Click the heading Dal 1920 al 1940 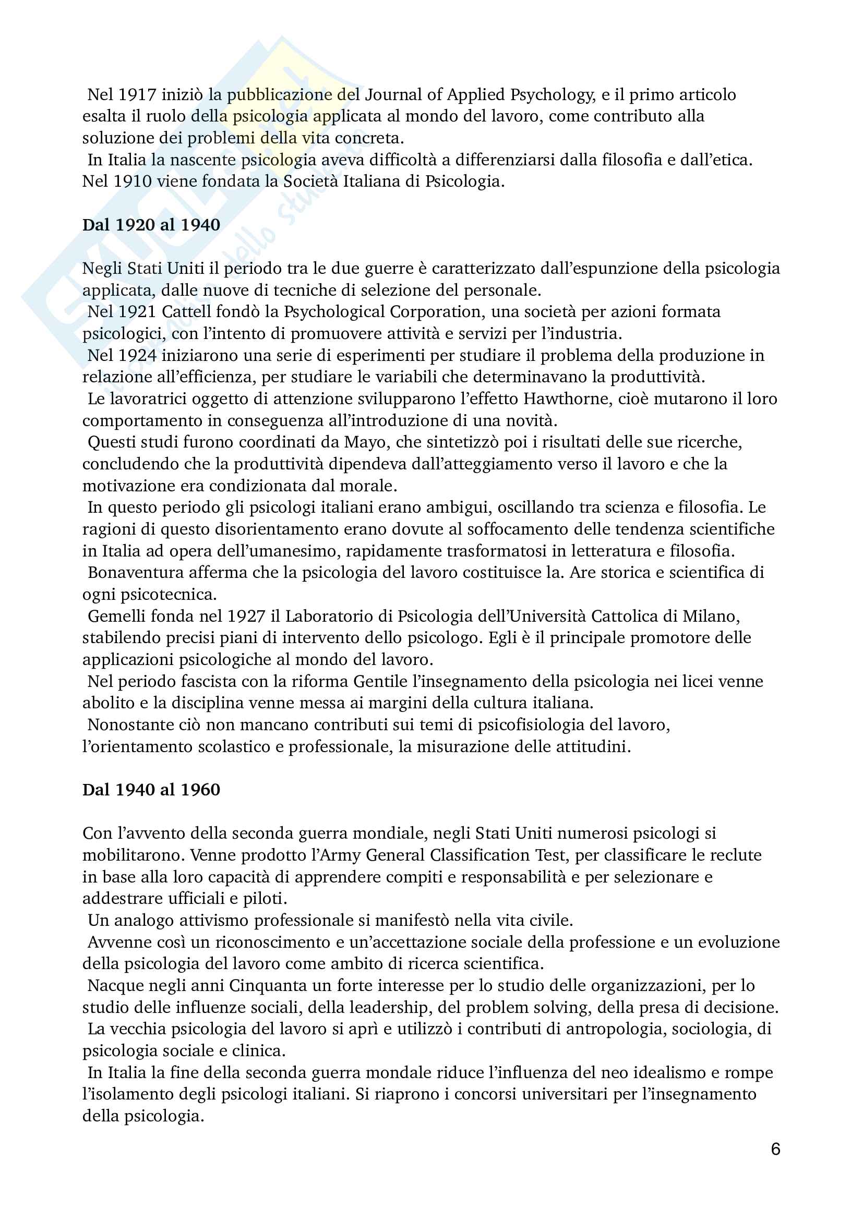click(x=151, y=225)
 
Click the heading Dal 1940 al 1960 click(x=151, y=790)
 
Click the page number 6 click(x=775, y=1150)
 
